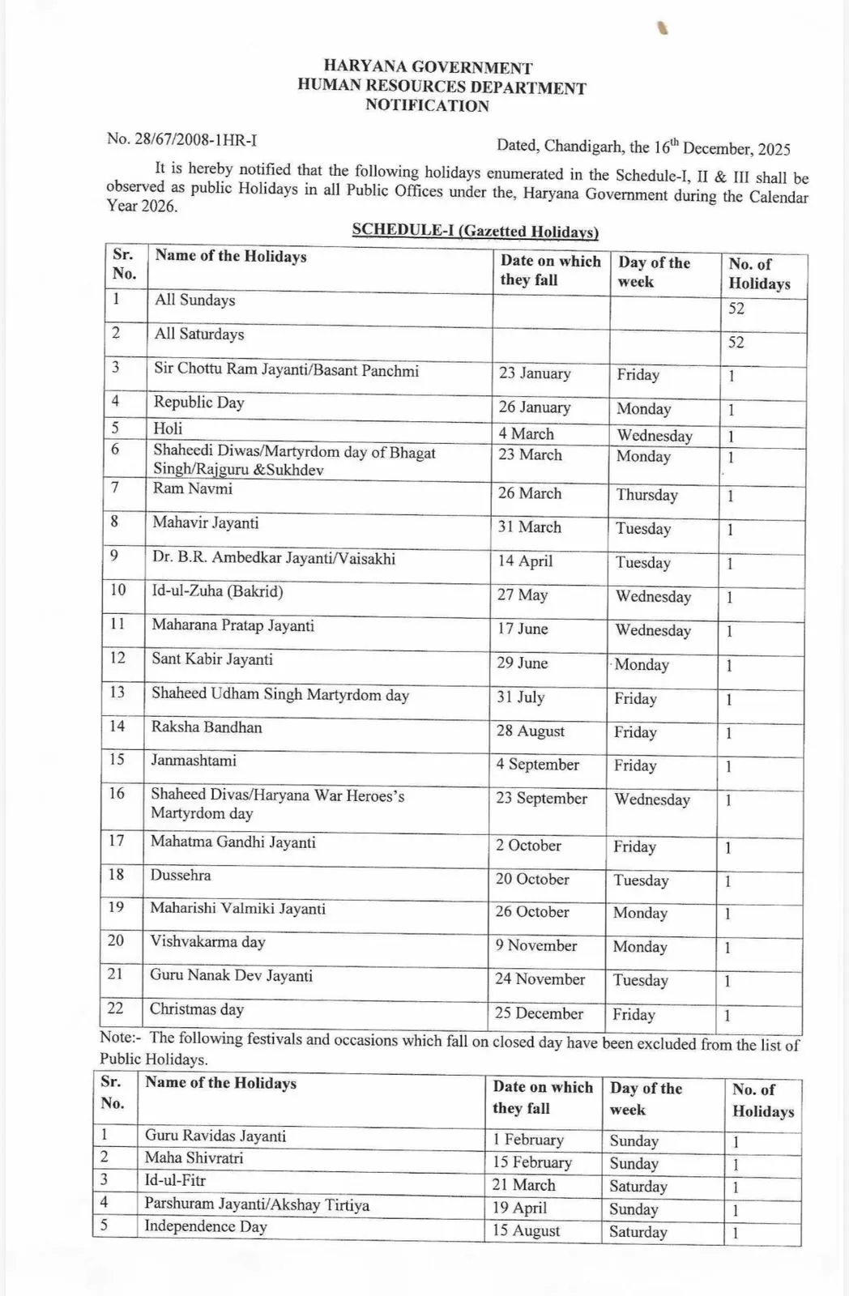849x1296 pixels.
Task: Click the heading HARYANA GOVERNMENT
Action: (428, 67)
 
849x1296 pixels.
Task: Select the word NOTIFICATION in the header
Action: (427, 105)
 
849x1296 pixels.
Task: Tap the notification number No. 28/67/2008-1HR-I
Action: (181, 139)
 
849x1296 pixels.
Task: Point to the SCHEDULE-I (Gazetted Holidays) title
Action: (475, 231)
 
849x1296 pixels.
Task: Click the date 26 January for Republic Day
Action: (534, 407)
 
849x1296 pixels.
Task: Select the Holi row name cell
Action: (169, 428)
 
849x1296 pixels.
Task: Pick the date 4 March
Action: (526, 434)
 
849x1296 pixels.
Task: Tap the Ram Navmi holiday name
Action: (193, 488)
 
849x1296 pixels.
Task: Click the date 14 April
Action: (525, 561)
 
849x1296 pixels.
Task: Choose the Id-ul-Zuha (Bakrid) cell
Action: (217, 591)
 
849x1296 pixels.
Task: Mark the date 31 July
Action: (520, 697)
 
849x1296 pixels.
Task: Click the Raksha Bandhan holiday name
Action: (207, 727)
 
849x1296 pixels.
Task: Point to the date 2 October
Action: (528, 846)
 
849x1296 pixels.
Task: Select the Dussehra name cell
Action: (181, 876)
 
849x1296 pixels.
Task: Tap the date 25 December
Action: (539, 1013)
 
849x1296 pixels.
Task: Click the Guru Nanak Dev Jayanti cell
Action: (231, 976)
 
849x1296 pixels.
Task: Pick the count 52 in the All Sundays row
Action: (736, 309)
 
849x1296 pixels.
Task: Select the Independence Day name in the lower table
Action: (205, 1226)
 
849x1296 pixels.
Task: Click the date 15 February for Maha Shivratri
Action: (531, 1162)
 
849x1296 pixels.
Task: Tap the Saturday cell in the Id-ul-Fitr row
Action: (638, 1187)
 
